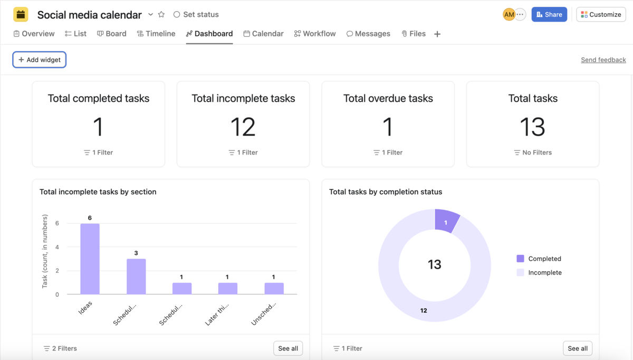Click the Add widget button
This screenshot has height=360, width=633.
pos(40,60)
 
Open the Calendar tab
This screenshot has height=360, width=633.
pos(263,34)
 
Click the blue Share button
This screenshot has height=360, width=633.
pos(549,14)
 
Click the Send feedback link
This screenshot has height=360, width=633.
pos(603,60)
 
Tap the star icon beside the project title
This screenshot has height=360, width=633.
pos(161,14)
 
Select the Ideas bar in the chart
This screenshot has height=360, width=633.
pos(90,259)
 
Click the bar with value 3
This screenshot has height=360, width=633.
pos(136,276)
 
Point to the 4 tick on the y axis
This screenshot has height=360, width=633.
pos(57,247)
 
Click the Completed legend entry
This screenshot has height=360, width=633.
pos(544,259)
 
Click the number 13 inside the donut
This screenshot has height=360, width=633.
pos(434,264)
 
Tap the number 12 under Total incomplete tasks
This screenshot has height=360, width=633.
pos(243,127)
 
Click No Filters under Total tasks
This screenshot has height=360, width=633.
pos(533,153)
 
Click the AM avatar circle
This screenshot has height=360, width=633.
pos(509,14)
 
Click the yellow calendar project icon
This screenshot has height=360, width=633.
pos(21,14)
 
